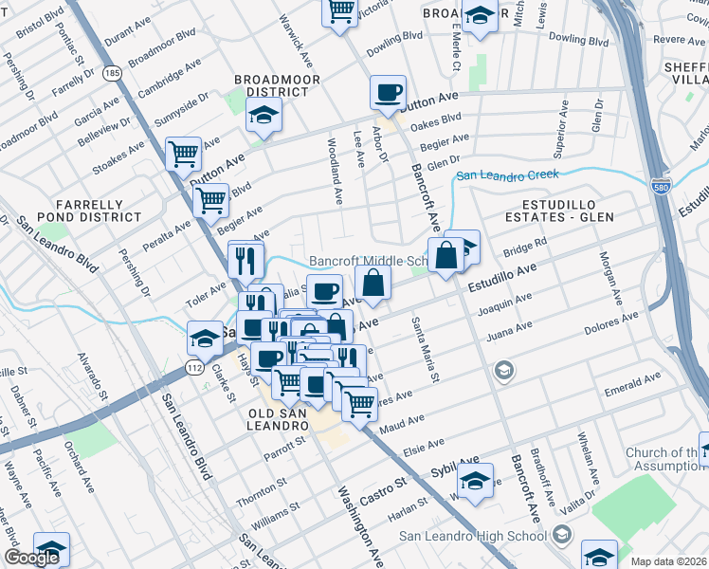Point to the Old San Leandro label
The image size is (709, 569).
pyautogui.click(x=279, y=420)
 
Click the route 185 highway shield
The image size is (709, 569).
pyautogui.click(x=113, y=72)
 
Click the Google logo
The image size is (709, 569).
pyautogui.click(x=31, y=558)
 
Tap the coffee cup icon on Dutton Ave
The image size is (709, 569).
pyautogui.click(x=388, y=93)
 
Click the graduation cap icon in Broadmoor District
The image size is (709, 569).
pyautogui.click(x=264, y=116)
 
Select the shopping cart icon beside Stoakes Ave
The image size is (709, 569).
pyautogui.click(x=183, y=153)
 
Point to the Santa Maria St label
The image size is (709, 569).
pyautogui.click(x=424, y=350)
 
